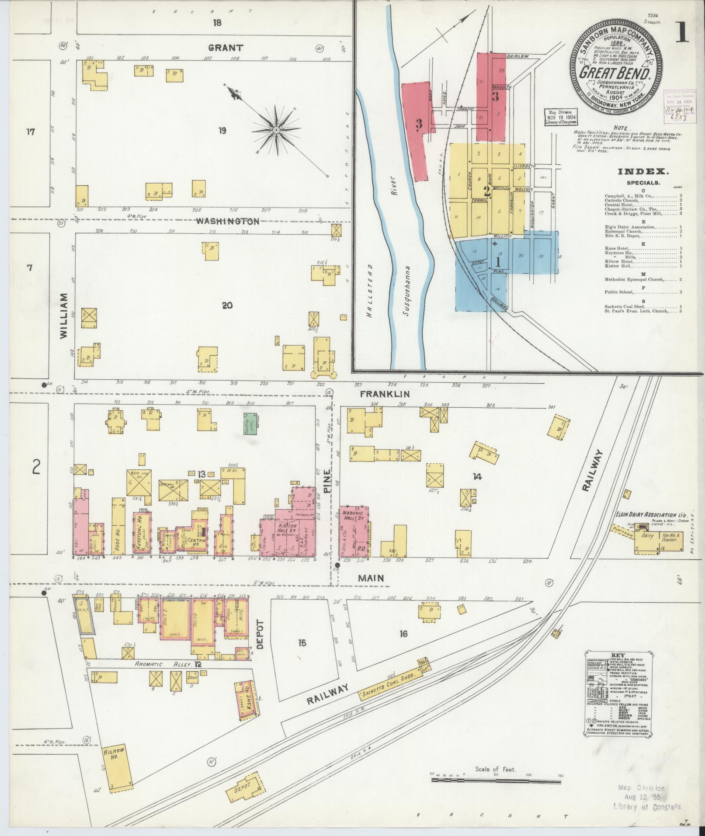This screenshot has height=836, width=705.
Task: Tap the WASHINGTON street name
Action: (x=227, y=221)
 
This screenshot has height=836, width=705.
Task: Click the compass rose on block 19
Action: (x=276, y=130)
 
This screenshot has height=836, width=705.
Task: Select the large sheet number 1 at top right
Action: (x=682, y=35)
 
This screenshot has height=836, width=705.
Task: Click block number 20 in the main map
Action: (x=227, y=305)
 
